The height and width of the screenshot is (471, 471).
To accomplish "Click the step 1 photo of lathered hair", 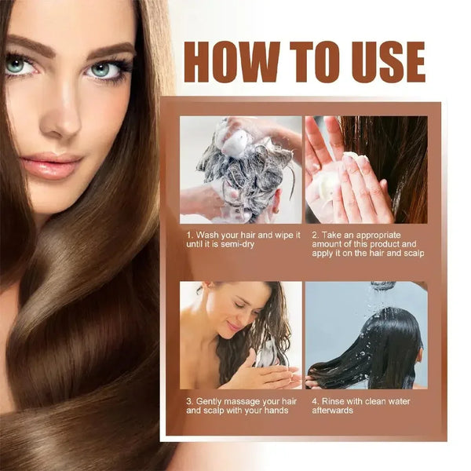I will [240, 170].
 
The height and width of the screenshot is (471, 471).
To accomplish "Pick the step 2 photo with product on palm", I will [367, 170].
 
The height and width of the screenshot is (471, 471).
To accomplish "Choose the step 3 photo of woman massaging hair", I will [240, 335].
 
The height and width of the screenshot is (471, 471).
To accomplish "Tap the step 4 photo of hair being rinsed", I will [367, 335].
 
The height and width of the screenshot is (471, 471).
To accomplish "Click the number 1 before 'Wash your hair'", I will [189, 235].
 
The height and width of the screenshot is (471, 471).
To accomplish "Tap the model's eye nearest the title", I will [104, 69].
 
